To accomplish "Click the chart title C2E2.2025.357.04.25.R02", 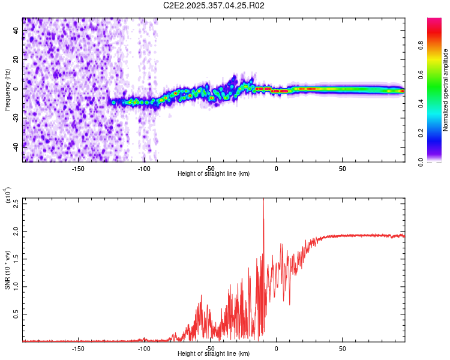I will (214, 5).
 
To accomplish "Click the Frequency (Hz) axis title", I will (8, 89).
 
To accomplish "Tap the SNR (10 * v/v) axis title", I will (8, 270).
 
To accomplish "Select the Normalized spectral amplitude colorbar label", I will (445, 90).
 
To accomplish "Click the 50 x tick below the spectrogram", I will (342, 169).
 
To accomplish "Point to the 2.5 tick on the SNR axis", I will (16, 203).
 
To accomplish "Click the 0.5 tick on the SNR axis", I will (16, 314).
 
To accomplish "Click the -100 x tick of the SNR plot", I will (144, 349).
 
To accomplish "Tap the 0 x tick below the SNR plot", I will (277, 349).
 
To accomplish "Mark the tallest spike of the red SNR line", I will (263, 200).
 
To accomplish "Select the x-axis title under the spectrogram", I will (214, 174).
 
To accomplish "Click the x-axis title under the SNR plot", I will (214, 354).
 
